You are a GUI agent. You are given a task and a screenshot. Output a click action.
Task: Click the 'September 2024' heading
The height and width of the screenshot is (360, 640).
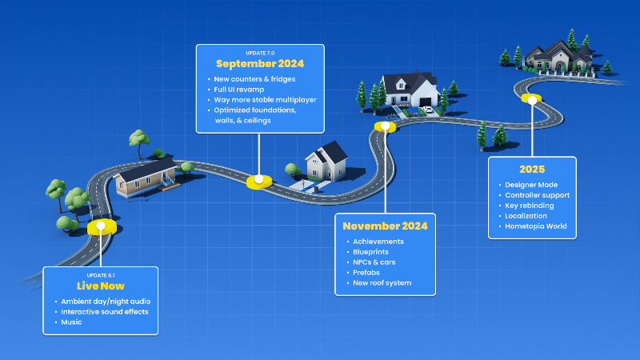(260, 64)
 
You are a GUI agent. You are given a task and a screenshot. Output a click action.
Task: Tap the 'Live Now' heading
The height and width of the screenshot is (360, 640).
(101, 286)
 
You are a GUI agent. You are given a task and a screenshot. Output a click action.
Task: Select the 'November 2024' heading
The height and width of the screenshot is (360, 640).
(385, 226)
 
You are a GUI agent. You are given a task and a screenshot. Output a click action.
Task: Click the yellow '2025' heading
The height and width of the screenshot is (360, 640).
(532, 170)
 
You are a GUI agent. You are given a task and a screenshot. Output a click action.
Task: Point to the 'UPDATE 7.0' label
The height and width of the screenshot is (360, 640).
(260, 53)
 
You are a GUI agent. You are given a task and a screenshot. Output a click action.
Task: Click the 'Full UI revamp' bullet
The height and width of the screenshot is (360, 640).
(238, 90)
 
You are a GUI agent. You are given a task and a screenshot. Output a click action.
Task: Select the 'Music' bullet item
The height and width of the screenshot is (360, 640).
(71, 322)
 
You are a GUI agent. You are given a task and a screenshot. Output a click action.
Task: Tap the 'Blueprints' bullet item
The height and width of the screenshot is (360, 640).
(370, 252)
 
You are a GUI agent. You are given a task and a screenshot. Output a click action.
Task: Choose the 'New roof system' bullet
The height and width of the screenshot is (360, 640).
(382, 283)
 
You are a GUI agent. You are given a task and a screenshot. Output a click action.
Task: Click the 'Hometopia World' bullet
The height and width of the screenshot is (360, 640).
(535, 226)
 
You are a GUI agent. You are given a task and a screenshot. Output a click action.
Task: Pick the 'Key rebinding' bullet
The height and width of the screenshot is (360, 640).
(530, 206)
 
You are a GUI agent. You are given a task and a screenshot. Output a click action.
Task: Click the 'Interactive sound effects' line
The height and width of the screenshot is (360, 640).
(105, 312)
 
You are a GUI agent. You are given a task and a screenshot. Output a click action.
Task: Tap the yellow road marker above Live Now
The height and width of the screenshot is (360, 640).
(102, 227)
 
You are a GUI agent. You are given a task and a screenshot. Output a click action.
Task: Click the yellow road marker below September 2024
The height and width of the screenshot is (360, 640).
(259, 182)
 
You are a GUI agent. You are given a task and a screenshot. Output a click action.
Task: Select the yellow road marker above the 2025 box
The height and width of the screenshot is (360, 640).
(531, 98)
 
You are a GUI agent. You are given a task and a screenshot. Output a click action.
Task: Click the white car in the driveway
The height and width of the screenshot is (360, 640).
(427, 110)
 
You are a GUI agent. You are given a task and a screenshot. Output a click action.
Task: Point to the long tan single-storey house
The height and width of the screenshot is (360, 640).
(146, 178)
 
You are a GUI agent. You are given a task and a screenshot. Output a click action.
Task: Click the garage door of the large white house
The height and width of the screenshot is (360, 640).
(425, 102)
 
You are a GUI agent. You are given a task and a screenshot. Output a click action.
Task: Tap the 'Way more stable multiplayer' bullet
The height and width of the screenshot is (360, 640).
(265, 99)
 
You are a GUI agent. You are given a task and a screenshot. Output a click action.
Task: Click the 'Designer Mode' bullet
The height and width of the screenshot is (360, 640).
(531, 185)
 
